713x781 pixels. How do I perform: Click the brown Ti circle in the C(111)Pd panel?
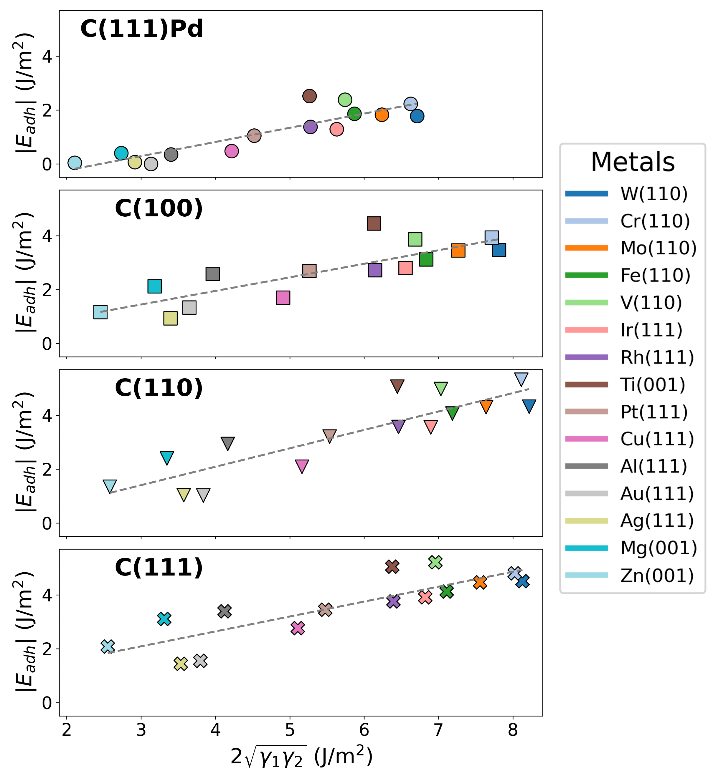click(309, 96)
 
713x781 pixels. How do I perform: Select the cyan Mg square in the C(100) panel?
click(155, 286)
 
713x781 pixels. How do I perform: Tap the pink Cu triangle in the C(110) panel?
click(302, 466)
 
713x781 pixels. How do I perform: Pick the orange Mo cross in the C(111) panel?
click(480, 582)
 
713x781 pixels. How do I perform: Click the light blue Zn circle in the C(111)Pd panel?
click(75, 163)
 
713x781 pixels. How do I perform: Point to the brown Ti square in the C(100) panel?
click(374, 223)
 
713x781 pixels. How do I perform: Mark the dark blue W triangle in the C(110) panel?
click(529, 405)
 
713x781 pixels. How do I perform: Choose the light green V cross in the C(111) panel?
click(435, 562)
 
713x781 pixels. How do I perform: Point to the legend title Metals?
click(633, 162)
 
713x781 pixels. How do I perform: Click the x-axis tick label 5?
click(290, 730)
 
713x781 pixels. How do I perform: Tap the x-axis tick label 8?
click(513, 730)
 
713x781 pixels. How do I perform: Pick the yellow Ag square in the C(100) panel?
click(171, 318)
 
